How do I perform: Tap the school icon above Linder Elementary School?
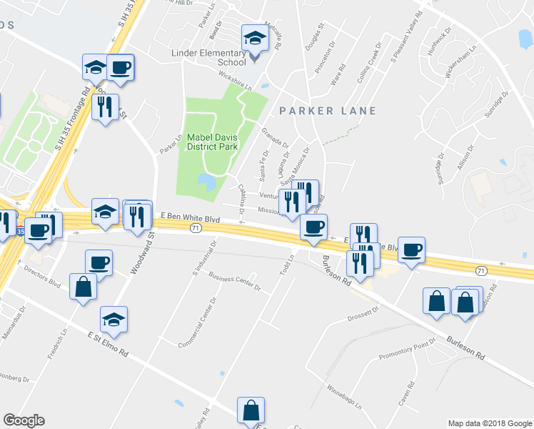[x=253, y=38]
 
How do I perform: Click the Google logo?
[x=24, y=420]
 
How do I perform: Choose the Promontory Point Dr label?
[x=406, y=352]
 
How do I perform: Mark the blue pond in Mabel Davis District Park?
[x=207, y=182]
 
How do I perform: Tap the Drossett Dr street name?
[x=362, y=313]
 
